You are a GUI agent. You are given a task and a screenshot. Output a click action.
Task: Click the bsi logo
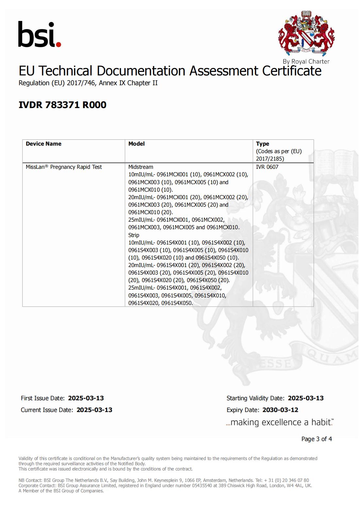coord(40,35)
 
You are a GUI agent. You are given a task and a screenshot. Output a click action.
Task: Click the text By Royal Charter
coord(306,61)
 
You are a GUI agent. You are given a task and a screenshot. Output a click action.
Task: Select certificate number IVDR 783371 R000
coord(62,105)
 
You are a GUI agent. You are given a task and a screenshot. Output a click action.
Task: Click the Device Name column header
coord(43,144)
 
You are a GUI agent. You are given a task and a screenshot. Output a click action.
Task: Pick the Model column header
coord(137,144)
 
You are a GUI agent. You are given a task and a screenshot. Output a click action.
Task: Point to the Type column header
coord(262,144)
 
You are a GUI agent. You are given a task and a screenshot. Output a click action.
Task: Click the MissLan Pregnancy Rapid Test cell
coord(64,167)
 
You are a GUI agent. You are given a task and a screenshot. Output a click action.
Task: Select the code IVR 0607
coord(267,167)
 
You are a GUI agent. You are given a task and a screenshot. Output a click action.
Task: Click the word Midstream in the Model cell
coord(140,167)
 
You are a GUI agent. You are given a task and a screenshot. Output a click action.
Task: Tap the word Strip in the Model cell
coord(134,235)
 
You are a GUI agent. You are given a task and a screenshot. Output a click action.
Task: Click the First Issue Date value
coord(86,398)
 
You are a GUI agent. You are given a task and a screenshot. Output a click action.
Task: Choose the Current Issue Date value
coord(94,410)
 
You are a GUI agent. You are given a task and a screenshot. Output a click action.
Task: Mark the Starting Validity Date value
coord(306,398)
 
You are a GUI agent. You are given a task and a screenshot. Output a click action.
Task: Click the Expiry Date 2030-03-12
coord(280,410)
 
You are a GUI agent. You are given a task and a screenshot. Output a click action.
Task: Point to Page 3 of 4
coord(317,439)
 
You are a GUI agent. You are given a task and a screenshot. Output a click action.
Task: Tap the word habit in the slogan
coord(320,422)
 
